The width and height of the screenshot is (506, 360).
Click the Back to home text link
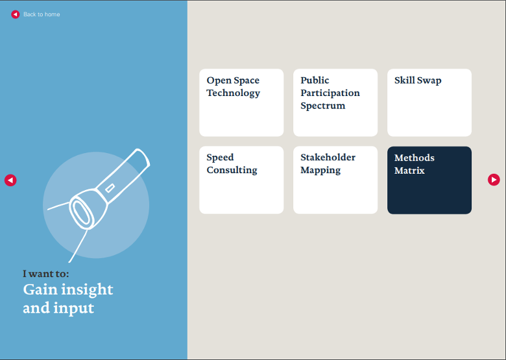pos(42,14)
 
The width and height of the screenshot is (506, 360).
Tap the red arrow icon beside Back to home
pos(15,14)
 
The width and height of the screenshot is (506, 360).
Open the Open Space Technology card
pos(241,102)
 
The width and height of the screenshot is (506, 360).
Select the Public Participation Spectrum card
pos(335,102)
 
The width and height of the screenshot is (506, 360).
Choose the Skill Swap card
pos(429,102)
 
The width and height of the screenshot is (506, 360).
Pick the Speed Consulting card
pos(241,180)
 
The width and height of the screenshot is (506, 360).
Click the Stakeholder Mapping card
pos(335,180)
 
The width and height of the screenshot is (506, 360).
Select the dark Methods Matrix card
pos(429,180)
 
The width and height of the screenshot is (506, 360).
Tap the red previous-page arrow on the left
pos(10,180)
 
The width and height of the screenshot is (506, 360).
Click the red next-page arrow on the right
pos(494,180)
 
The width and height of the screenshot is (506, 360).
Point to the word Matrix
pos(409,171)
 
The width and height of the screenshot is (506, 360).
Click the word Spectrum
pos(322,106)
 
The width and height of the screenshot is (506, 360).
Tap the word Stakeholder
pos(328,158)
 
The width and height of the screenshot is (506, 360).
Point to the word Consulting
pos(232,170)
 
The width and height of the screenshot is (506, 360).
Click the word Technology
pos(233,93)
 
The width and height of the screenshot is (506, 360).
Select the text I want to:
pos(45,274)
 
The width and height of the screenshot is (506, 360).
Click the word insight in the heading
pos(88,289)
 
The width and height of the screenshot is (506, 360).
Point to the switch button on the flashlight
pos(110,188)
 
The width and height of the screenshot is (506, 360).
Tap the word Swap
pos(429,80)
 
